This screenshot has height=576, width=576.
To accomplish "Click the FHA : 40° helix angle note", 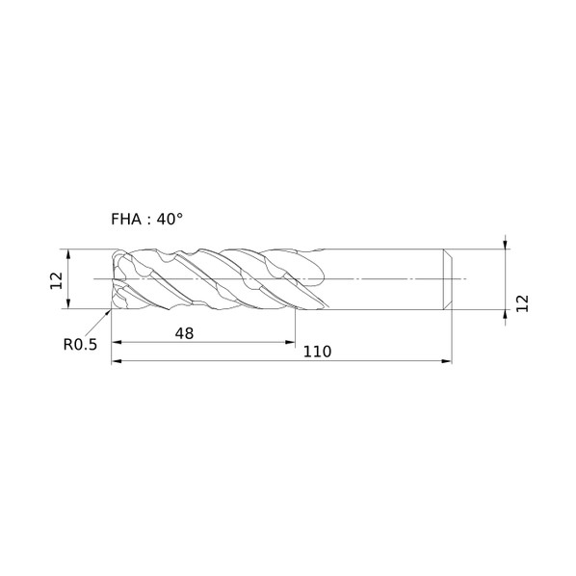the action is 147,220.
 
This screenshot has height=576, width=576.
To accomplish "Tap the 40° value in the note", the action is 170,220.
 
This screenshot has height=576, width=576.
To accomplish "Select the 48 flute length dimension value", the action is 184,333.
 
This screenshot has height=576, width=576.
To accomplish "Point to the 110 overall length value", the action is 317,352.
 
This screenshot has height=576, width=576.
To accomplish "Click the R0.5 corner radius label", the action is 80,345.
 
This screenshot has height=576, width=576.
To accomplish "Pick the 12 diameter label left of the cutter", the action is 57,280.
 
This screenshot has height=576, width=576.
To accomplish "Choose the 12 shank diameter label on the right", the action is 522,303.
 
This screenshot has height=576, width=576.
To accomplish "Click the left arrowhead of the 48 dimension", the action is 117,342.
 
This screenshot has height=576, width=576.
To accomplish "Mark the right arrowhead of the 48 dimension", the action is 290,342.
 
